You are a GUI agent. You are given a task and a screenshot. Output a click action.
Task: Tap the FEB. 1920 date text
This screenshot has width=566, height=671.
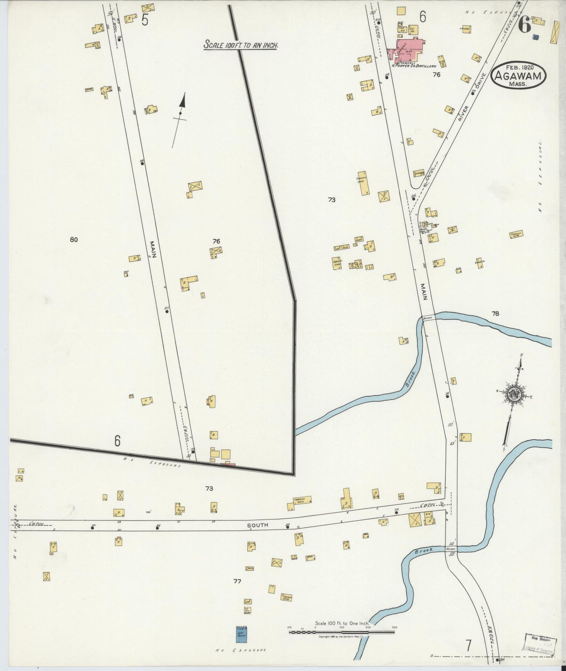point(516,67)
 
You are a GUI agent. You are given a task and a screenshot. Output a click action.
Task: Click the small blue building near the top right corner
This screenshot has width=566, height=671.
point(536,37)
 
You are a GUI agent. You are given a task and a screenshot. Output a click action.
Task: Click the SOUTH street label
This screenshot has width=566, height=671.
point(257,525)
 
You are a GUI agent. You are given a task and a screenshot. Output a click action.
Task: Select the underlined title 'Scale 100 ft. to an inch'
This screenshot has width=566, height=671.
point(241,45)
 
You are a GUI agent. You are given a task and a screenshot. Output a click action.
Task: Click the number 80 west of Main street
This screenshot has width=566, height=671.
point(74,240)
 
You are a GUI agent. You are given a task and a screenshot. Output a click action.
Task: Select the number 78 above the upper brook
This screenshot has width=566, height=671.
point(495,313)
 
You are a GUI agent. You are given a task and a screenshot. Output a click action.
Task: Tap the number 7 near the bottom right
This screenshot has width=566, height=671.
point(468,643)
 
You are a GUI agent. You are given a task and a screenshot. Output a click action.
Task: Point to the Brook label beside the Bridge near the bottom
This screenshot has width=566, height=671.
point(424,550)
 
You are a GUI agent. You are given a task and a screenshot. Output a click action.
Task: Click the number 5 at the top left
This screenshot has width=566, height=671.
point(145,20)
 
